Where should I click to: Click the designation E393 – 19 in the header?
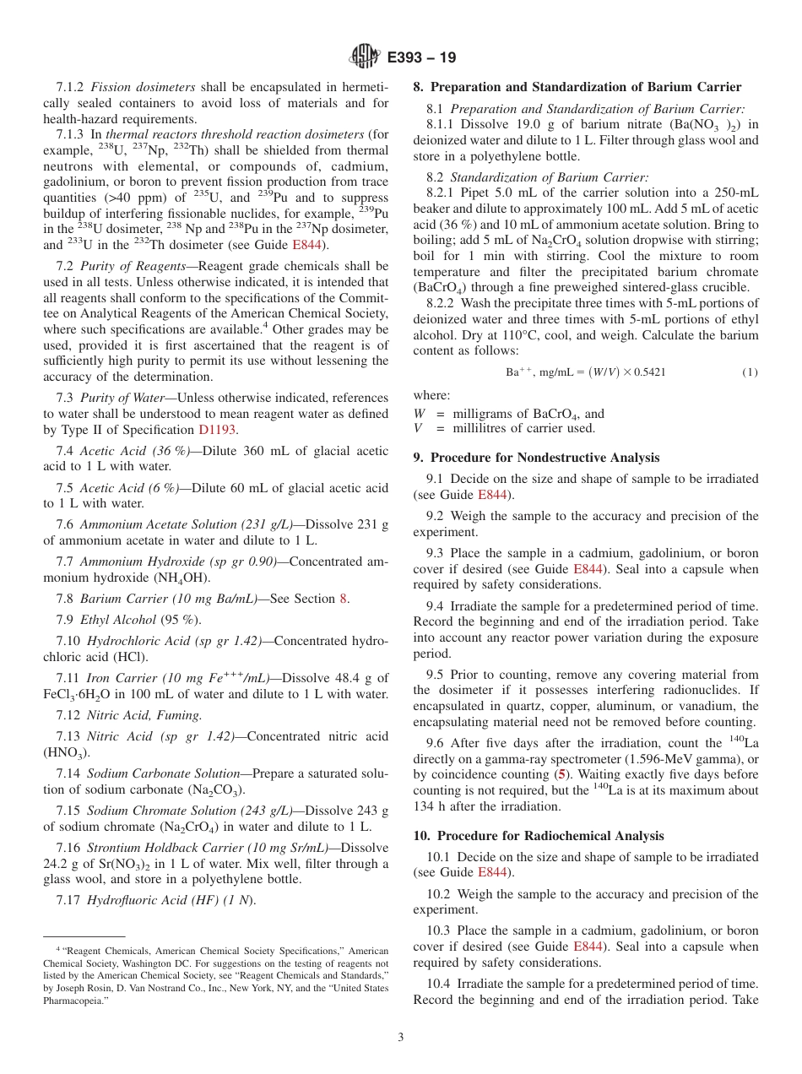click(x=421, y=57)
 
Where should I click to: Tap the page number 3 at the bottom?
click(x=401, y=1037)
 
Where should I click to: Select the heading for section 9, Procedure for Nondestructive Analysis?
click(x=536, y=458)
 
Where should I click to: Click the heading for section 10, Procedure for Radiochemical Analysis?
click(x=538, y=836)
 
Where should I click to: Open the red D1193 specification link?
click(x=217, y=429)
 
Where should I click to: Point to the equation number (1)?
click(x=750, y=372)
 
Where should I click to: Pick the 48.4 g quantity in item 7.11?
click(x=361, y=678)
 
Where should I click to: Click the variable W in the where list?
click(x=420, y=414)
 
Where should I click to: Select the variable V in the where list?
click(x=418, y=428)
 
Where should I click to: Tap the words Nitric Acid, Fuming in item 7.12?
click(x=141, y=715)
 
